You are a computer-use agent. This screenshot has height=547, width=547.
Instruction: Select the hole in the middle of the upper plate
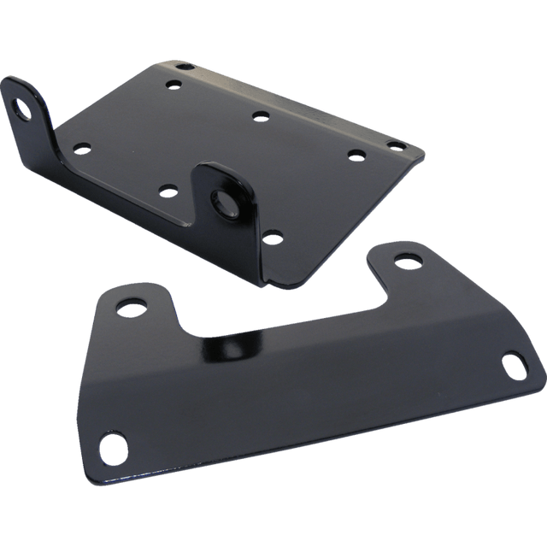point(258,115)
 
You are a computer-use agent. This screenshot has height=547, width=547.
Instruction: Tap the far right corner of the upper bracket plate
point(423,152)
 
